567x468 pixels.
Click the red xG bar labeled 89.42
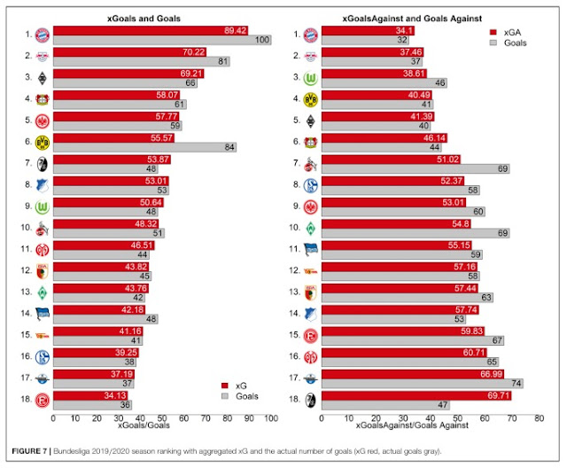(151, 30)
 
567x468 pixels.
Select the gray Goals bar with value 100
(162, 41)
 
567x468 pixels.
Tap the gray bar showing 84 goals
(144, 147)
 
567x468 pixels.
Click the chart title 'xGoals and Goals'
(163, 17)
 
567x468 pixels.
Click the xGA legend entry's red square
(493, 29)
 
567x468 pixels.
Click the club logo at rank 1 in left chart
(41, 35)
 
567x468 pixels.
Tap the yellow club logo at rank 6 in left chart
(41, 141)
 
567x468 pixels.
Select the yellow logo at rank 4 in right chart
(308, 98)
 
